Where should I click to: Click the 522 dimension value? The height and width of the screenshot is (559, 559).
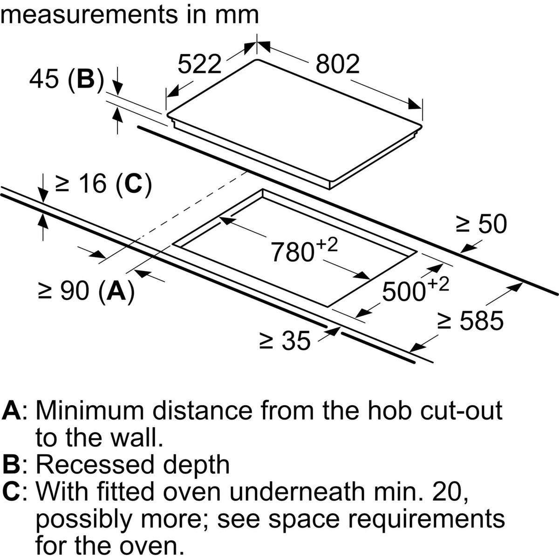(199, 64)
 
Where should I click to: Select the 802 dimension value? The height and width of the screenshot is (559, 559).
(337, 64)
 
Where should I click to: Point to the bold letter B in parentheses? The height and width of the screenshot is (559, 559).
(86, 79)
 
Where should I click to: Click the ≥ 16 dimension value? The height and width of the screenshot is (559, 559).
(81, 184)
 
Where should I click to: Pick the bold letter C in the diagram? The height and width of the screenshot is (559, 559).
(133, 184)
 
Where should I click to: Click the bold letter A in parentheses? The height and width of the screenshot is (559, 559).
(116, 291)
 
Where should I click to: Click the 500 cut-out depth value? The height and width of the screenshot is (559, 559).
(404, 292)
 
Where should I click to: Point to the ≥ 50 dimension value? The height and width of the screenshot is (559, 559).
(481, 224)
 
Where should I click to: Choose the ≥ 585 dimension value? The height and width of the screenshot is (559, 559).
(470, 320)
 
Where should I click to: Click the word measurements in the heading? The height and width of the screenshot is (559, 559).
(89, 14)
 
